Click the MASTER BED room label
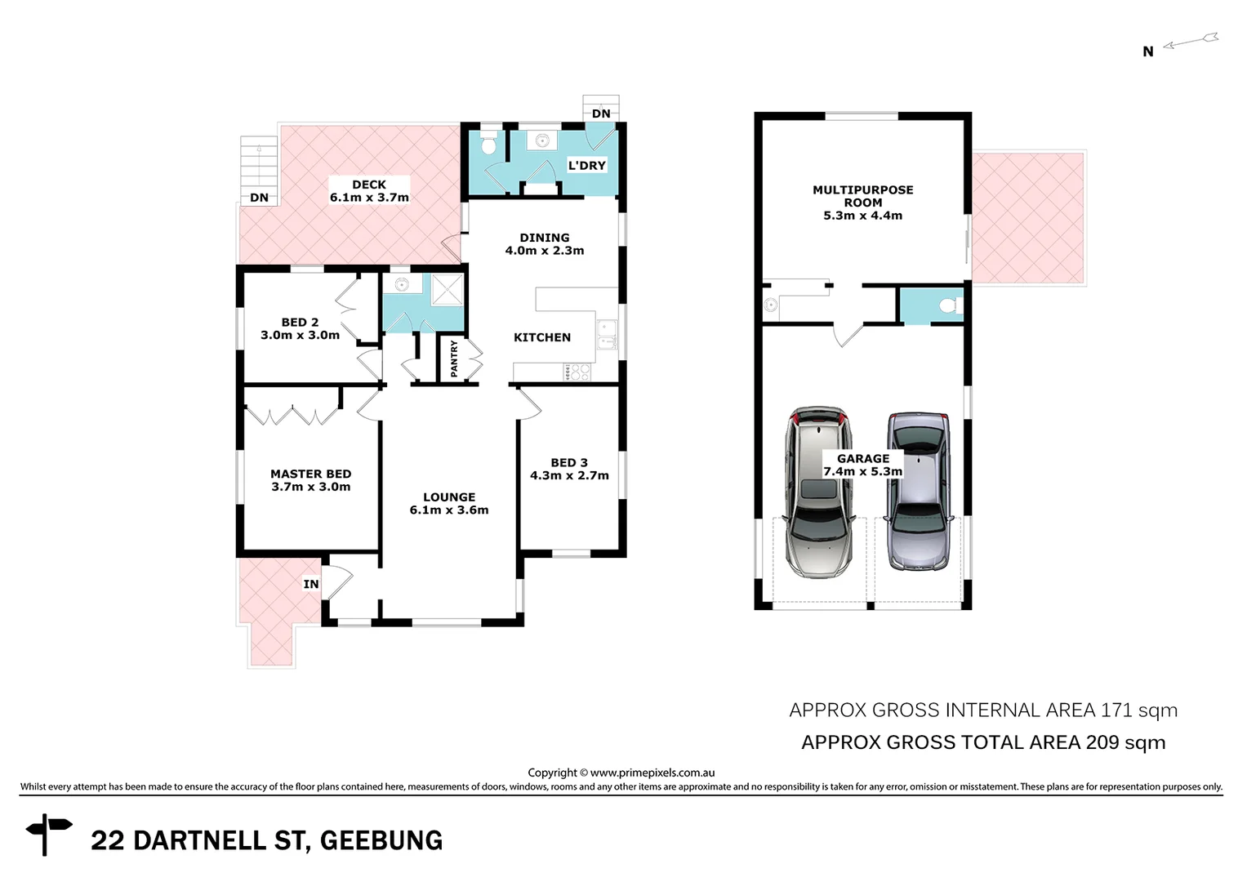click(310, 474)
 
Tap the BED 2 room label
click(300, 323)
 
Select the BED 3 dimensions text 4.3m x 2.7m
click(569, 476)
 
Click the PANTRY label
click(455, 359)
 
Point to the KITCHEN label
click(541, 337)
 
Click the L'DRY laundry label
click(586, 165)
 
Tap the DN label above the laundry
click(601, 114)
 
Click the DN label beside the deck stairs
click(259, 198)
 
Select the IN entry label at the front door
click(311, 584)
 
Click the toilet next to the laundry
click(488, 145)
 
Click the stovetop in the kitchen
click(577, 372)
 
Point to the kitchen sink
click(606, 334)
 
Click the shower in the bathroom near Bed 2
click(447, 290)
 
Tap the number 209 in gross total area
click(1102, 742)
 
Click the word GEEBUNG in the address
click(381, 840)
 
